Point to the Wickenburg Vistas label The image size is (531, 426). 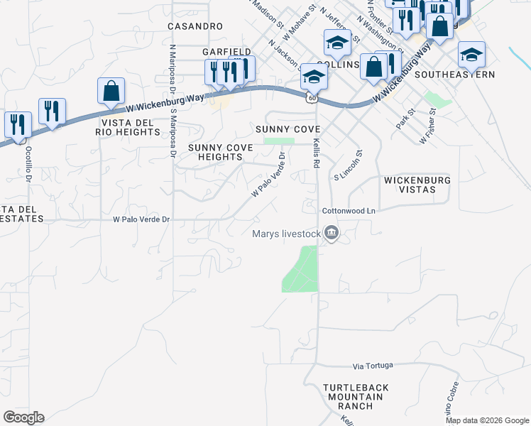417,185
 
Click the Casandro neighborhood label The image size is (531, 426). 195,26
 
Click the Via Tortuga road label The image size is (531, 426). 373,366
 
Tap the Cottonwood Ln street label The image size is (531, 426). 348,211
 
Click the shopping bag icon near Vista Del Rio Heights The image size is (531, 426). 111,91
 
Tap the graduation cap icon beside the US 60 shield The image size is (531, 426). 313,75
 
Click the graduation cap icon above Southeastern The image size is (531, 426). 471,53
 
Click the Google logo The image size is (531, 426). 23,417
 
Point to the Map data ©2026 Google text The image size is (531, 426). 487,420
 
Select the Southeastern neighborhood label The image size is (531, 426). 454,74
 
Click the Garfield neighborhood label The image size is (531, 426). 226,52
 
